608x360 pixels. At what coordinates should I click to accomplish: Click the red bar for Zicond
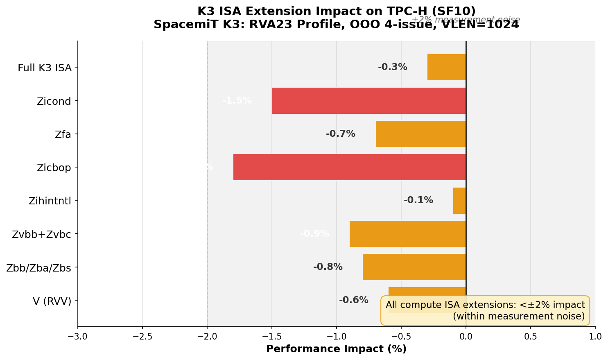[x=368, y=101]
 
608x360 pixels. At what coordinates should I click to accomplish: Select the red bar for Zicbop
[x=349, y=167]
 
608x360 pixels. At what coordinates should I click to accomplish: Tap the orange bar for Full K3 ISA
[x=446, y=67]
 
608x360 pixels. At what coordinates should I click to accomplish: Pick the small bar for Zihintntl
[x=459, y=201]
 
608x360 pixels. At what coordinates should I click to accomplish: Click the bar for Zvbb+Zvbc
[x=407, y=234]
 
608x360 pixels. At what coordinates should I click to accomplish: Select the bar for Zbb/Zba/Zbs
[x=414, y=267]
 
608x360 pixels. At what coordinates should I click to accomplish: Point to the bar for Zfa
[x=420, y=134]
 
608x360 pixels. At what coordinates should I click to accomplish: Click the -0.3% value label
[x=392, y=67]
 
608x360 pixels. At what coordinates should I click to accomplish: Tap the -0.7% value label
[x=340, y=134]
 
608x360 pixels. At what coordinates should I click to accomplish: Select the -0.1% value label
[x=418, y=201]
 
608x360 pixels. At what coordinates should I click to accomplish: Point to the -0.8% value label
[x=328, y=267]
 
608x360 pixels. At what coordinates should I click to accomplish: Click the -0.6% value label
[x=353, y=300]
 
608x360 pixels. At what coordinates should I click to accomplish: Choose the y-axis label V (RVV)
[x=52, y=301]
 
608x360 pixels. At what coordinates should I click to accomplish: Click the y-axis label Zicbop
[x=54, y=168]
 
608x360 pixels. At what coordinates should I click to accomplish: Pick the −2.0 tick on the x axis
[x=207, y=337]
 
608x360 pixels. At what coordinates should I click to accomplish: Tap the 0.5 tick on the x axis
[x=531, y=337]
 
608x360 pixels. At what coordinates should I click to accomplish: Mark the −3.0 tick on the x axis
[x=77, y=337]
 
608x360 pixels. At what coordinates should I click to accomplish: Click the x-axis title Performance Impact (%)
[x=336, y=349]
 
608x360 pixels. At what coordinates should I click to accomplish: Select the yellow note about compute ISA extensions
[x=485, y=310]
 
